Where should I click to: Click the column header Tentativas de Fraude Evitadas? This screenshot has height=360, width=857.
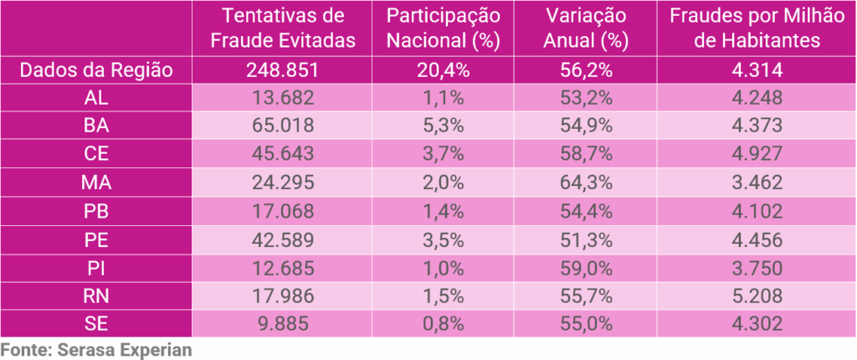pyautogui.click(x=284, y=28)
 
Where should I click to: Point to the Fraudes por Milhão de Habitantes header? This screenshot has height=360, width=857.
pyautogui.click(x=756, y=28)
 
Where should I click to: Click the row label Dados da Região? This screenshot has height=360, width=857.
pyautogui.click(x=96, y=70)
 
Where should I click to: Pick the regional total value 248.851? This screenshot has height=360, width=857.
pyautogui.click(x=284, y=70)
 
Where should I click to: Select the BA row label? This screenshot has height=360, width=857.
pyautogui.click(x=96, y=126)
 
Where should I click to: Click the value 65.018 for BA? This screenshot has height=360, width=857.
pyautogui.click(x=284, y=126)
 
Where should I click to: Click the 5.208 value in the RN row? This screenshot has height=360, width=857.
pyautogui.click(x=756, y=296)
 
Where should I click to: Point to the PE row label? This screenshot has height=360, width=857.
pyautogui.click(x=96, y=239)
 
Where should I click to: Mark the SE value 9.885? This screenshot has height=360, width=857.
pyautogui.click(x=284, y=324)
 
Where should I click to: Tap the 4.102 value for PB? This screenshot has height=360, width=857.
pyautogui.click(x=756, y=211)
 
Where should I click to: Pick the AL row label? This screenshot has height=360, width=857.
pyautogui.click(x=96, y=99)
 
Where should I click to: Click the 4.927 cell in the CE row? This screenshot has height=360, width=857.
pyautogui.click(x=756, y=155)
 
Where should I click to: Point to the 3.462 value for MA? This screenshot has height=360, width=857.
pyautogui.click(x=756, y=183)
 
